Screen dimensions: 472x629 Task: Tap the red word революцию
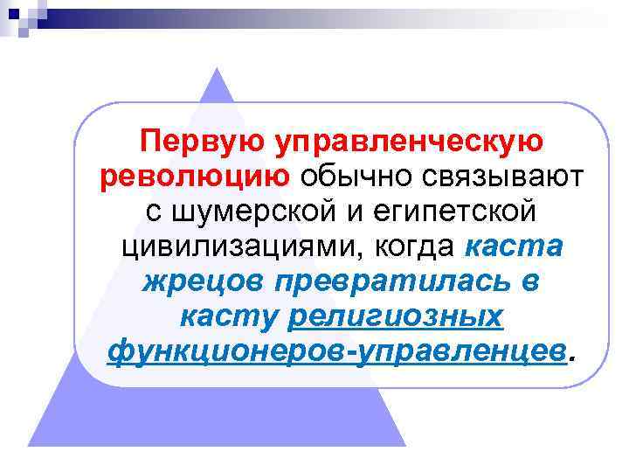(196, 177)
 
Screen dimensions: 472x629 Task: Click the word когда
(414, 247)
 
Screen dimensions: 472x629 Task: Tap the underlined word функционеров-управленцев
(336, 352)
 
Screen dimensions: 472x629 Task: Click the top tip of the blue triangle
(218, 66)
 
